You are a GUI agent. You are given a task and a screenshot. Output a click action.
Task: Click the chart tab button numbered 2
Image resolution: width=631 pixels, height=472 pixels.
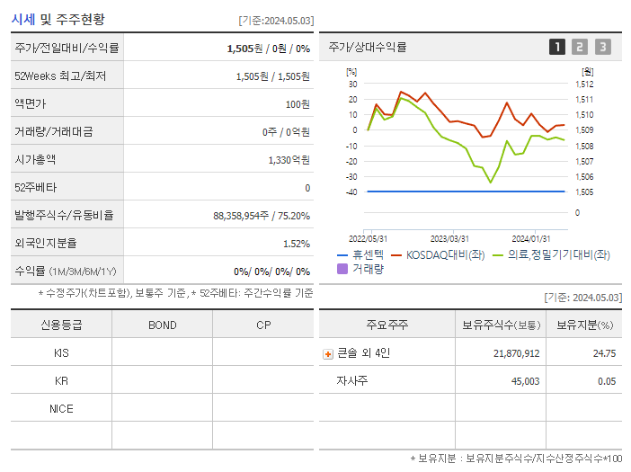click(x=580, y=47)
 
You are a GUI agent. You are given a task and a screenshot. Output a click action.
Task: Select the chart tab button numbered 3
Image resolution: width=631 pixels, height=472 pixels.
click(x=602, y=47)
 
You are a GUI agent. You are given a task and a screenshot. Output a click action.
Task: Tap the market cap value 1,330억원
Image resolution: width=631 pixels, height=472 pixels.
click(x=289, y=160)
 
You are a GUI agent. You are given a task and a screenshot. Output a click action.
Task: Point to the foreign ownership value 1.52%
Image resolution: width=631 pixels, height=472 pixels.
click(x=296, y=244)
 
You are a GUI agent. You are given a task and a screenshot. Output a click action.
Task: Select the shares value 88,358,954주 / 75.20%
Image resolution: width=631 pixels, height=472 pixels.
click(x=262, y=216)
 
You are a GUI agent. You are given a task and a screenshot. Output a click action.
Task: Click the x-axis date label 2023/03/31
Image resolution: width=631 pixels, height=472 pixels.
click(x=449, y=238)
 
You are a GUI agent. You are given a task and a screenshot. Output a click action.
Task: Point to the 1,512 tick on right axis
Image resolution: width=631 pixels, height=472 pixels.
click(x=583, y=85)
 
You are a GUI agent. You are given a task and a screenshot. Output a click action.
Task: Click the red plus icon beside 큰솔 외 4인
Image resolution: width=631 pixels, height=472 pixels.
click(x=328, y=354)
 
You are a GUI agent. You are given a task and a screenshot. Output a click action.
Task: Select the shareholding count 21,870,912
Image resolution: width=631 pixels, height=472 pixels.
click(x=516, y=354)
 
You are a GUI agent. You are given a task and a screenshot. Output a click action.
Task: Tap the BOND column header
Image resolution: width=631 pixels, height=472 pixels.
click(x=162, y=325)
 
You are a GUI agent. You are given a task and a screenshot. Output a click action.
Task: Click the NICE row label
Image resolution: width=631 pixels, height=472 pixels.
click(x=61, y=409)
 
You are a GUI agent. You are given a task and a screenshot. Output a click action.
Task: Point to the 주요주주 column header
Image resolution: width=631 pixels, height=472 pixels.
click(x=387, y=325)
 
